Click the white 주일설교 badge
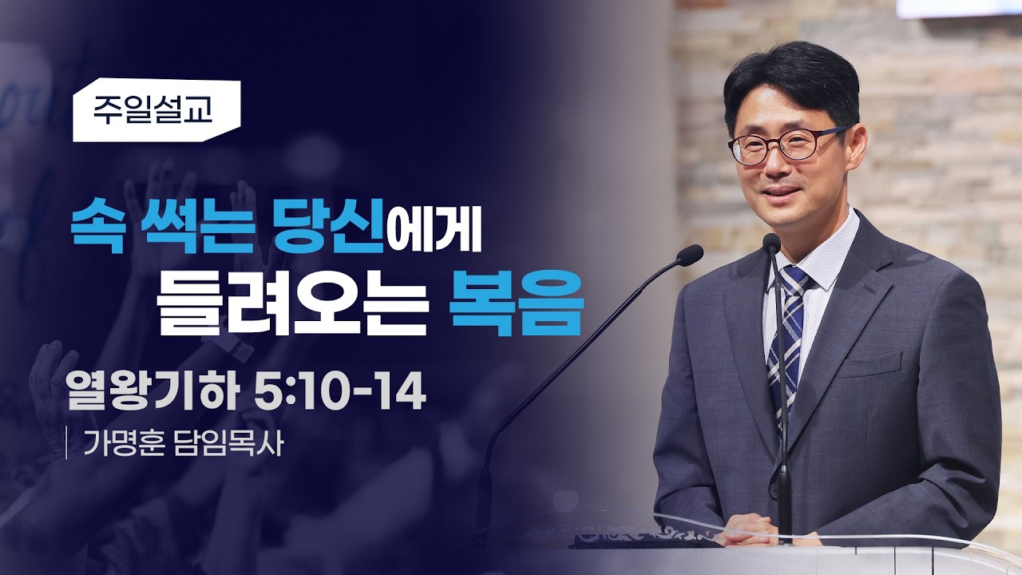pyautogui.click(x=156, y=110)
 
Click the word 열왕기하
pyautogui.click(x=152, y=391)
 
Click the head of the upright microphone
pyautogui.click(x=771, y=244)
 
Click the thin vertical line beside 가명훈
pyautogui.click(x=67, y=442)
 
